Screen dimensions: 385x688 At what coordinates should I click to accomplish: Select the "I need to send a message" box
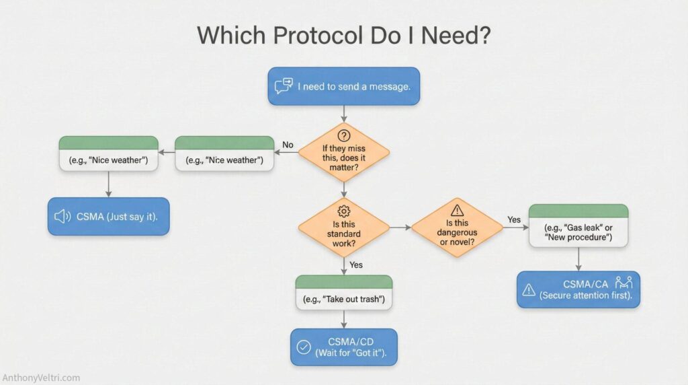tap(343, 86)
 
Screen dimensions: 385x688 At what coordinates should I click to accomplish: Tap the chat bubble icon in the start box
tap(284, 86)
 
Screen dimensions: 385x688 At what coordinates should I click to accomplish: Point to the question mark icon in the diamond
tap(343, 135)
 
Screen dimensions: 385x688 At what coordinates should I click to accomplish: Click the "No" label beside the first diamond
tap(288, 145)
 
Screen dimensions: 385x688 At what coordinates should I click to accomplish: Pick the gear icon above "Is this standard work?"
tap(343, 210)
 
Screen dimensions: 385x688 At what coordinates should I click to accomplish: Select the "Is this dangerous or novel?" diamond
tap(457, 228)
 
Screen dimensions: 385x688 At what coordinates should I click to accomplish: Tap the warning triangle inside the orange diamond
tap(457, 210)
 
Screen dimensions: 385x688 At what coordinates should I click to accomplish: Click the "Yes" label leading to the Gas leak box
tap(514, 219)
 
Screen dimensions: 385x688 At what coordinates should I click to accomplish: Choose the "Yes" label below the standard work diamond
tap(356, 265)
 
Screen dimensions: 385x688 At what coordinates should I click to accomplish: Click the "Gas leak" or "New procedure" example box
tap(578, 225)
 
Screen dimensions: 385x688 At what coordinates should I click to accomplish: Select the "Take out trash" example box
tap(343, 292)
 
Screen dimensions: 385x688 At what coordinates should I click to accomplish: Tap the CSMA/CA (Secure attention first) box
tap(578, 289)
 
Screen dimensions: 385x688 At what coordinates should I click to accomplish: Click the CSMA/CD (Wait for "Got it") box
tap(343, 347)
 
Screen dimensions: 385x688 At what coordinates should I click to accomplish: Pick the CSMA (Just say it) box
tap(108, 216)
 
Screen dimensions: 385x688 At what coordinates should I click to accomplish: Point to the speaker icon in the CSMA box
tap(62, 216)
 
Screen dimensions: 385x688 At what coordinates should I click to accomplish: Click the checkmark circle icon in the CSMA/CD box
tap(304, 348)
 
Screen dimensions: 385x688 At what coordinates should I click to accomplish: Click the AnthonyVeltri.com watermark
tap(41, 378)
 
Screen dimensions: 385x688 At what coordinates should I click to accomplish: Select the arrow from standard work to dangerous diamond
tap(400, 228)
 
